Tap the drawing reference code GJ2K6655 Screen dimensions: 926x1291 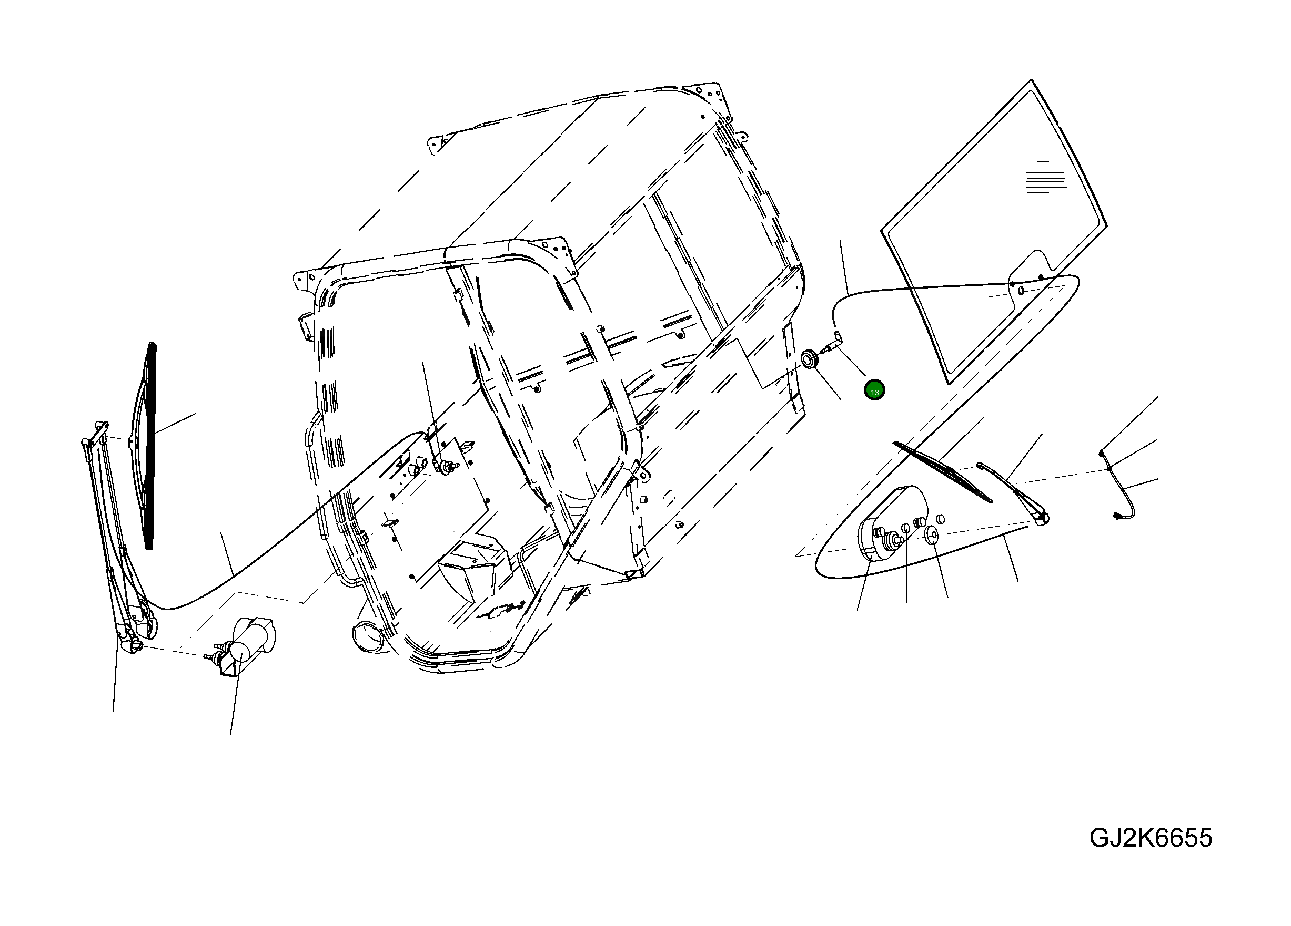point(1151,838)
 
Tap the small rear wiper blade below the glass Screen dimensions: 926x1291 point(942,472)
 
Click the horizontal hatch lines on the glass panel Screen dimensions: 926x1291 point(1046,178)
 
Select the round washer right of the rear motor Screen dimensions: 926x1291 point(931,534)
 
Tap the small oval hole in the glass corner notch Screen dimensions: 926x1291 point(1021,291)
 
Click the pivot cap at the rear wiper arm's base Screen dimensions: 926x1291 point(1043,518)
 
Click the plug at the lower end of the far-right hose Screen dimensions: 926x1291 point(1117,516)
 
